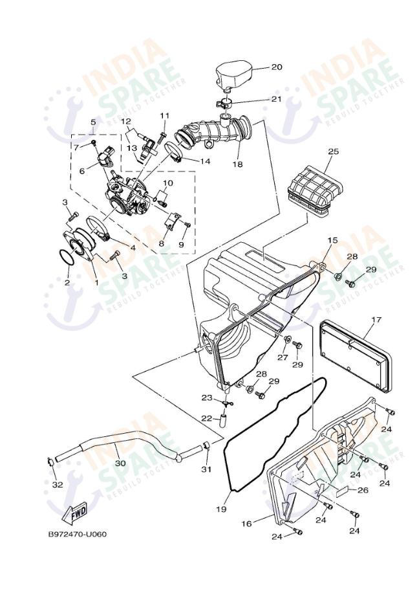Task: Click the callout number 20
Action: point(277,67)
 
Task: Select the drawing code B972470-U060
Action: point(77,534)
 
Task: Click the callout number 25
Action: point(334,151)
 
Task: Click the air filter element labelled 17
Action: point(355,355)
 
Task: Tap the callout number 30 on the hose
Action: point(120,463)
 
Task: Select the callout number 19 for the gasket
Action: point(222,509)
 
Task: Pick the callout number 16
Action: point(246,524)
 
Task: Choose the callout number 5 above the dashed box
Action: point(93,122)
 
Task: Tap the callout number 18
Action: point(238,164)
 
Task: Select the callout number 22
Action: point(206,418)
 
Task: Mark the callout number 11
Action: point(165,115)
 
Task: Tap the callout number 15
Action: point(333,241)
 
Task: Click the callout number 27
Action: point(283,357)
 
